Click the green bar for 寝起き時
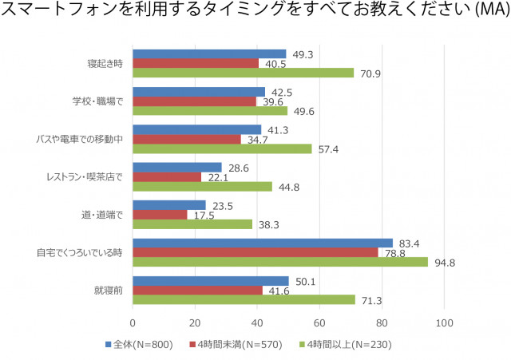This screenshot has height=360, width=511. pyautogui.click(x=243, y=73)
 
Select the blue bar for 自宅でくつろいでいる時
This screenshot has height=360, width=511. pyautogui.click(x=263, y=243)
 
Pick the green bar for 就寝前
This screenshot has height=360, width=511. pyautogui.click(x=244, y=300)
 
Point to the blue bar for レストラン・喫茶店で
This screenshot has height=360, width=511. pyautogui.click(x=177, y=167)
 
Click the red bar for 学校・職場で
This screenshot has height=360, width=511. pyautogui.click(x=194, y=101)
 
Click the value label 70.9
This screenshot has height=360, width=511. pyautogui.click(x=370, y=73)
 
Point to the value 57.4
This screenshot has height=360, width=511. pyautogui.click(x=327, y=149)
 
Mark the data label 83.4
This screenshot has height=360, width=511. pyautogui.click(x=409, y=243)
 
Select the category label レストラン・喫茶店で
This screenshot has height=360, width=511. pyautogui.click(x=89, y=176)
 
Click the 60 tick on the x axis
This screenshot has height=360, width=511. pyautogui.click(x=319, y=322)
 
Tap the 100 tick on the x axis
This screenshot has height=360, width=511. pyautogui.click(x=445, y=322)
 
